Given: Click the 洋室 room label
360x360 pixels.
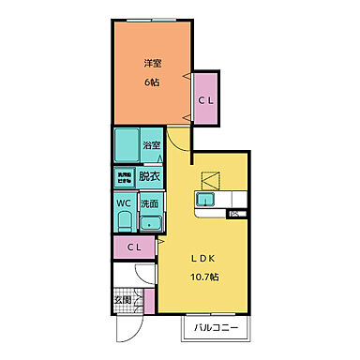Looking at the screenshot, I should coord(153,63).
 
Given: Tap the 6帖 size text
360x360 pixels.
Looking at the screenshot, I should coord(153,82).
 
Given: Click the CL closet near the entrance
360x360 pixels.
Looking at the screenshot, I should coord(134,247).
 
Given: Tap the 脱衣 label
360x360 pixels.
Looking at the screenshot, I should coord(149,175).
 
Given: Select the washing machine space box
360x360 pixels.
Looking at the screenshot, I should coord(124,175).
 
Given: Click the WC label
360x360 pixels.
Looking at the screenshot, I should coord(123,202).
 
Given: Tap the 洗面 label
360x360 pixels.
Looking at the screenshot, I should coord(150,202).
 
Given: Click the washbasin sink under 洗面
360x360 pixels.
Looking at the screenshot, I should coord(150,222).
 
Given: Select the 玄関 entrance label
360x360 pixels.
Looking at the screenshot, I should coord(123,301).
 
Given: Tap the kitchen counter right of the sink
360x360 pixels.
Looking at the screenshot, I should coord(233,200).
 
